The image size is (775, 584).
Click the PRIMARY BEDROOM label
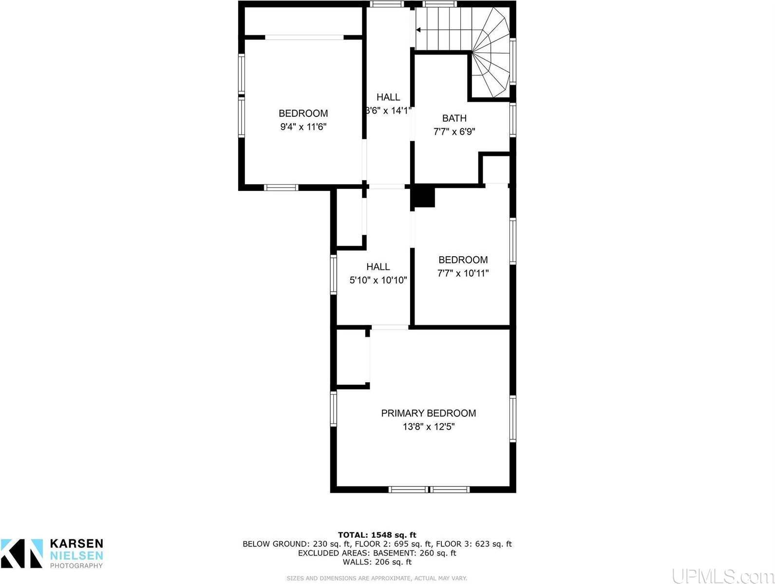[x=428, y=413]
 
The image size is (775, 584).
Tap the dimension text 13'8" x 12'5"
[x=428, y=427]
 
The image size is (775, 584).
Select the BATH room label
[x=454, y=118]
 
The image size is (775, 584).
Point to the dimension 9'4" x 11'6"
[x=302, y=127]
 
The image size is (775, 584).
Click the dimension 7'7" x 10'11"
[x=463, y=273]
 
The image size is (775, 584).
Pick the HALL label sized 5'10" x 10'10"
[x=378, y=266]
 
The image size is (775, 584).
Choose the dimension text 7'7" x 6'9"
[x=454, y=132]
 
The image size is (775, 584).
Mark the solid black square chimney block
[x=423, y=197]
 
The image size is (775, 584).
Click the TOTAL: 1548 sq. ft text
[x=377, y=535]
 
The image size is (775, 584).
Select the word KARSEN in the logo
[x=76, y=544]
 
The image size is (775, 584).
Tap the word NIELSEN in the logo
[x=76, y=555]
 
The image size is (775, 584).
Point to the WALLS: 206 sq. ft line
[x=377, y=562]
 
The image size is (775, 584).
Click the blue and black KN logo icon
[x=22, y=553]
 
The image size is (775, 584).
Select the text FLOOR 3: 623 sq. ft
[x=473, y=544]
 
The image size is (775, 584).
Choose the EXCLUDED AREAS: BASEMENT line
[x=377, y=553]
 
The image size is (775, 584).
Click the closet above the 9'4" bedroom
[x=302, y=20]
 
